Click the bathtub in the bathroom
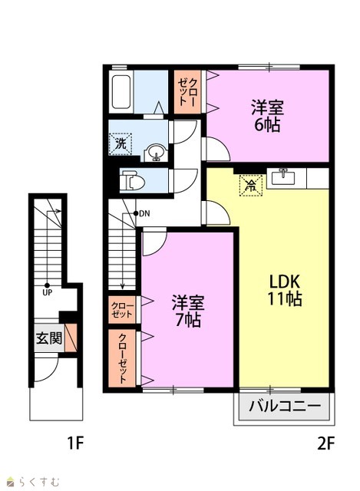(x=121, y=92)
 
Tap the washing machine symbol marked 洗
(x=121, y=143)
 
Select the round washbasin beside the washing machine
(x=156, y=153)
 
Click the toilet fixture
(x=132, y=181)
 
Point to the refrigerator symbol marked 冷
(x=251, y=186)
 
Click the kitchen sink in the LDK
(x=283, y=178)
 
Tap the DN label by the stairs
(x=144, y=214)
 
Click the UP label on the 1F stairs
(x=48, y=293)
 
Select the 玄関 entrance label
(x=49, y=338)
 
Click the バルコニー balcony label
(x=285, y=407)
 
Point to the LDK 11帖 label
(x=284, y=290)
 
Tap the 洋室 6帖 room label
(x=267, y=116)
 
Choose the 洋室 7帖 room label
(x=188, y=311)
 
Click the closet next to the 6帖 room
(x=188, y=92)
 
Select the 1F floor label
(x=76, y=443)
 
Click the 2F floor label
(x=326, y=443)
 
